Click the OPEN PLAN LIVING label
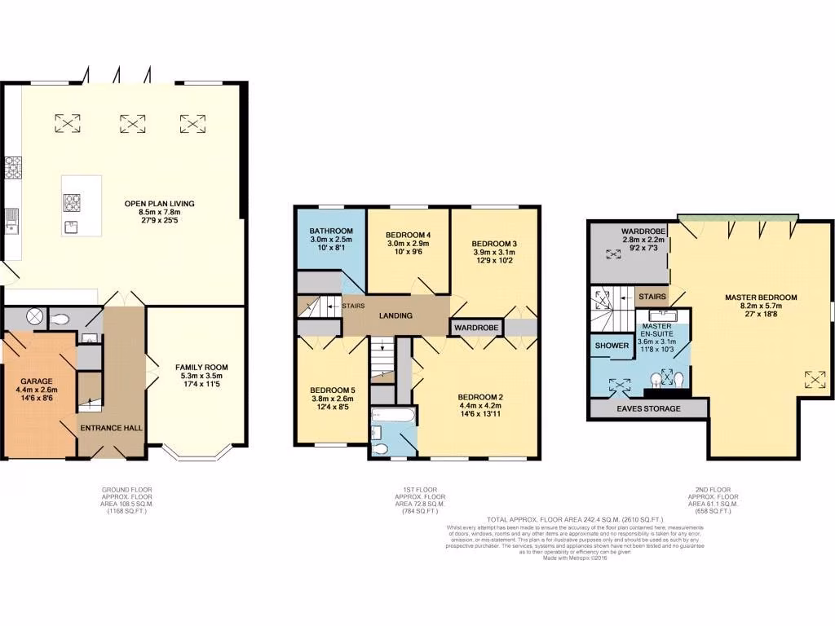coord(159,203)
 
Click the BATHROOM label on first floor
coord(330,231)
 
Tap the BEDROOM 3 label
coord(494,244)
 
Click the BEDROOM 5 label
coord(332,390)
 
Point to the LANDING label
coord(395,315)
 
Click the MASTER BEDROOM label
coord(761,298)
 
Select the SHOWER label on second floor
coord(612,346)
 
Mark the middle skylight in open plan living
coord(132,123)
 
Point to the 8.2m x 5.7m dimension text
coord(761,307)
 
